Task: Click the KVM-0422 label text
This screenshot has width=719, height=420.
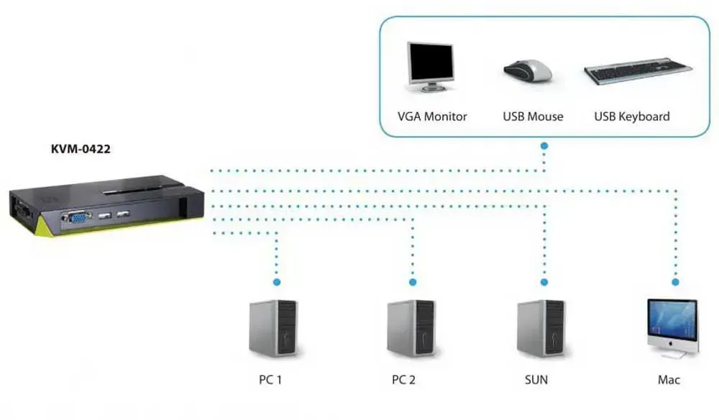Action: tap(81, 149)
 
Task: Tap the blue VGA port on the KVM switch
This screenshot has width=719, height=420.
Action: tap(78, 217)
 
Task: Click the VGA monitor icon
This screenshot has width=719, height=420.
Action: tap(431, 67)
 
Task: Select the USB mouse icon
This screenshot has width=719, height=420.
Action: tap(528, 70)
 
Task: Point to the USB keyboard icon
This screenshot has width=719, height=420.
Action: tap(638, 70)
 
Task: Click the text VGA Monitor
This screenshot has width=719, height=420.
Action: tap(432, 117)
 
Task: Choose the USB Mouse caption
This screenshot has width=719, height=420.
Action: tap(533, 117)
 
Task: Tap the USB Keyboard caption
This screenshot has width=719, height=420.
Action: tap(632, 117)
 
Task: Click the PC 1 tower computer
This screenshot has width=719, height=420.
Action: tap(273, 328)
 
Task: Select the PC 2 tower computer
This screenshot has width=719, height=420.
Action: tap(411, 328)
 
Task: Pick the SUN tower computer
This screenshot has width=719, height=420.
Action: tap(541, 328)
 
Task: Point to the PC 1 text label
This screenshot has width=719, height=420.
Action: tap(270, 380)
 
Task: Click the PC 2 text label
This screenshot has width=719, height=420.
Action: tap(403, 380)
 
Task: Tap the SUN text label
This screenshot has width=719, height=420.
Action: tap(536, 380)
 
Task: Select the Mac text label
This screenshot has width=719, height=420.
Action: tap(669, 380)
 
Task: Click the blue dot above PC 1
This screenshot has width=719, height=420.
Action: tap(277, 282)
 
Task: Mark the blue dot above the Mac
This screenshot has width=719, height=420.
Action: tap(675, 282)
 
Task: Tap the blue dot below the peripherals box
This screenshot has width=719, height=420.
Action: tap(544, 146)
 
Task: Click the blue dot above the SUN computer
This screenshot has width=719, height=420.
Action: tap(544, 282)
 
